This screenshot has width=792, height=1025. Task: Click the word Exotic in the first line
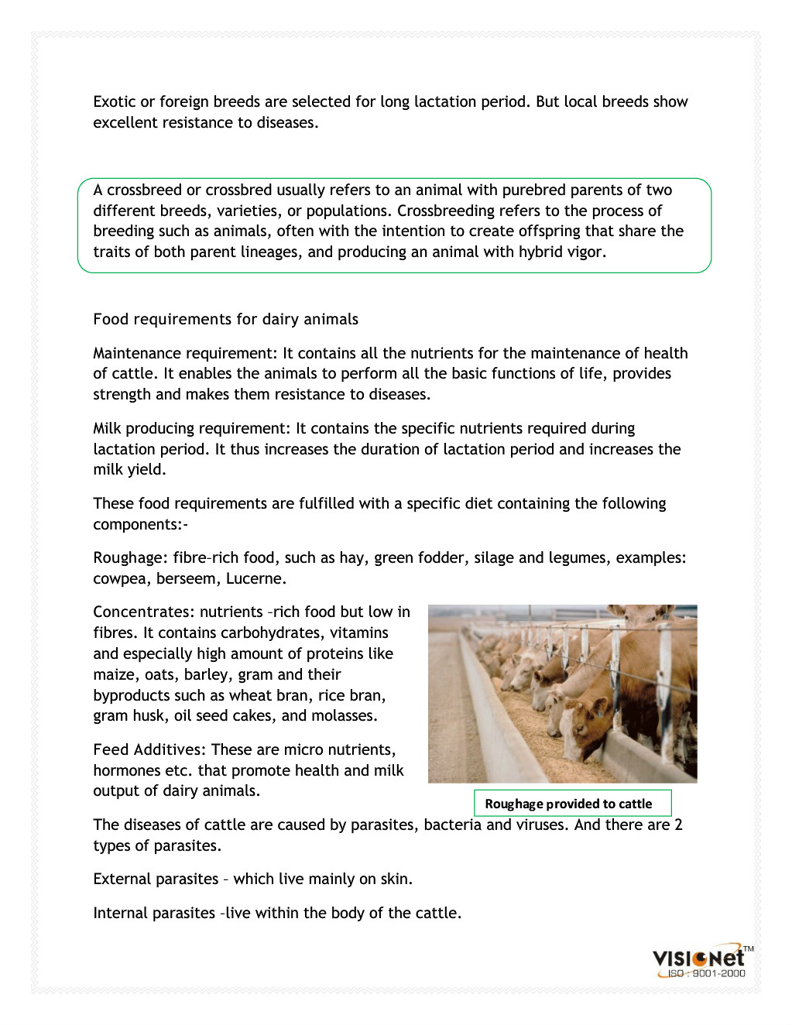coord(114,101)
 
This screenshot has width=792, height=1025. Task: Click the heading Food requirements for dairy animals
coord(225,319)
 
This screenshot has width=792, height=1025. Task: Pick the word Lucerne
coord(255,578)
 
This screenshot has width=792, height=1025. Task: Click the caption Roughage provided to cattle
coord(568,804)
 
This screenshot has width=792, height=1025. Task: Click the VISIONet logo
coord(699,958)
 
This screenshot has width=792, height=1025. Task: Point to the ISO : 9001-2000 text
coord(706,974)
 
